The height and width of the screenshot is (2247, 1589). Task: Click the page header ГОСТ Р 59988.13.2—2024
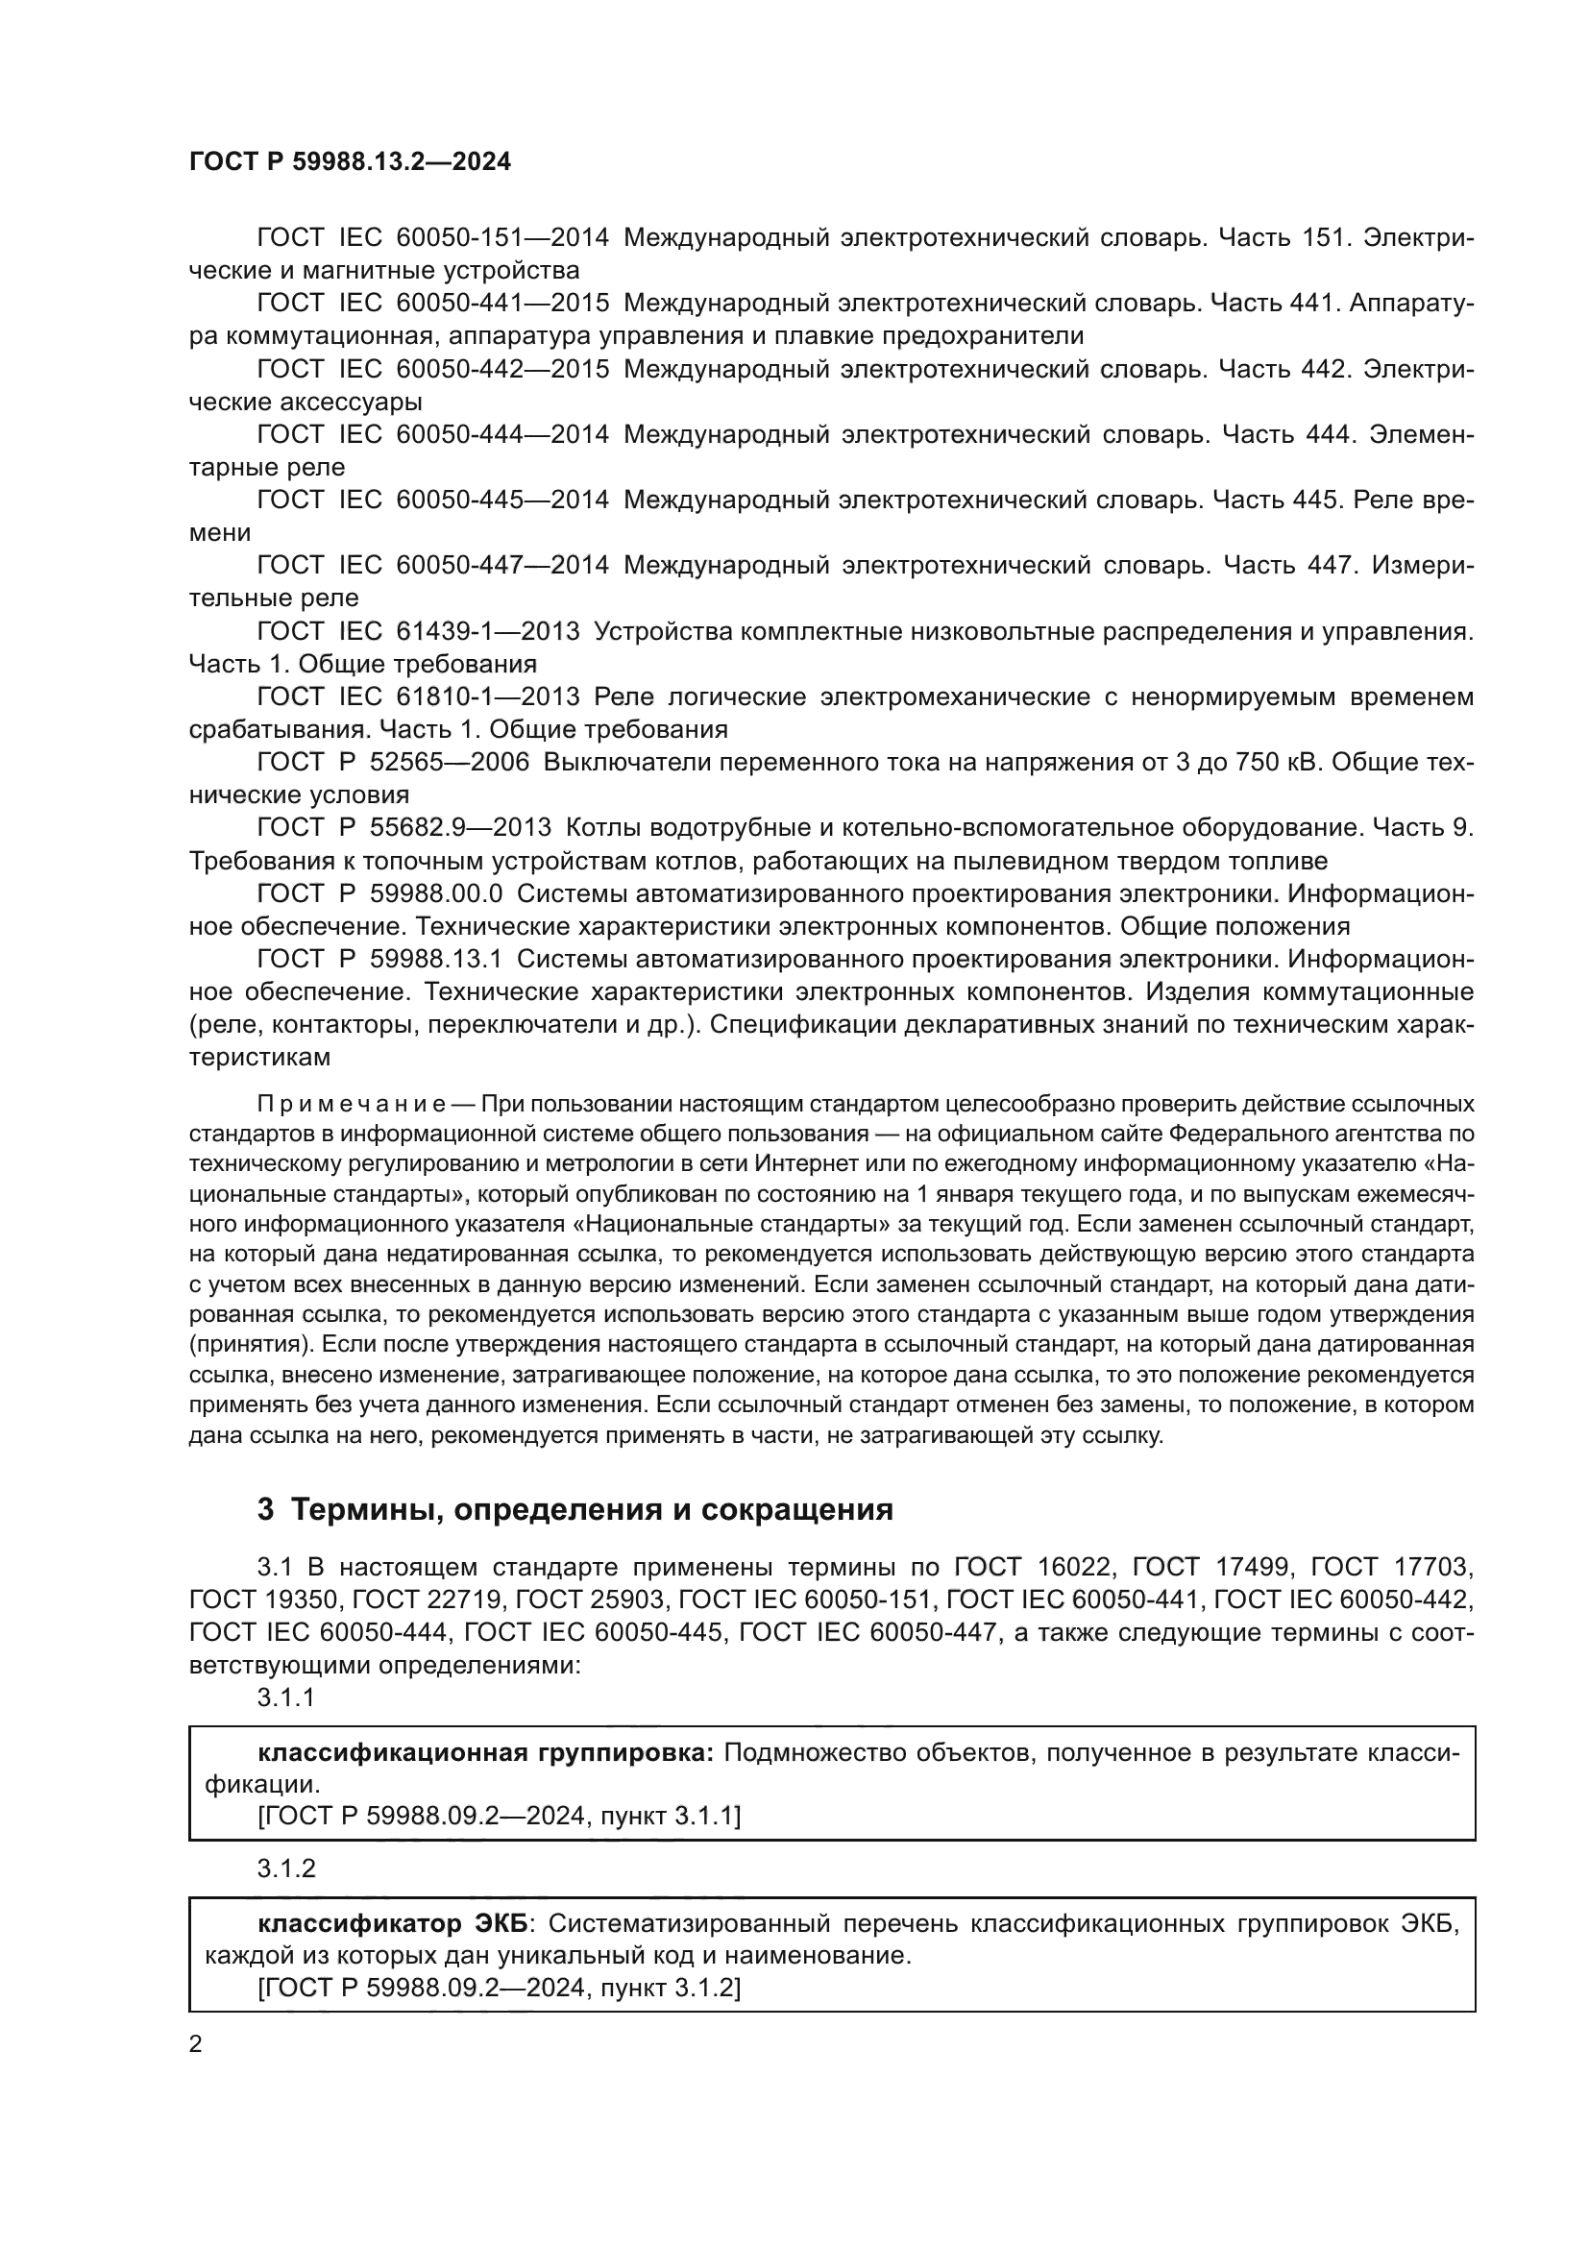click(350, 162)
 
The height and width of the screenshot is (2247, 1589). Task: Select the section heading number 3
click(265, 1510)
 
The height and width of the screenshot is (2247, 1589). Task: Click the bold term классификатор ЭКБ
click(391, 1924)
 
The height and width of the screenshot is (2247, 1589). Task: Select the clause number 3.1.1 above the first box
click(285, 1697)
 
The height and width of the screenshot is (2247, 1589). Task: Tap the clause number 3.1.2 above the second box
click(285, 1868)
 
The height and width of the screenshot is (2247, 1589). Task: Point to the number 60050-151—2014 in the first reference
click(501, 238)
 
